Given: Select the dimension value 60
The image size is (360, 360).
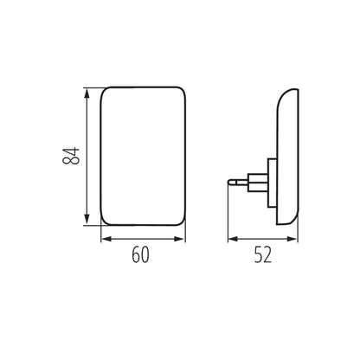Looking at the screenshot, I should [x=144, y=255].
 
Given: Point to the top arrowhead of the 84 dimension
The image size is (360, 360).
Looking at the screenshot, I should [x=86, y=89].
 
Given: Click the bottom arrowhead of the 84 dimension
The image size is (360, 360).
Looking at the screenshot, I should [x=86, y=222].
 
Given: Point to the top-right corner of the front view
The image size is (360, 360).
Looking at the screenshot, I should [x=183, y=90].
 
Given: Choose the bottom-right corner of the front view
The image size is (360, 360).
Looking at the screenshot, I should [x=183, y=222].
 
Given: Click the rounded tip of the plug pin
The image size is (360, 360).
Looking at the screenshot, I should [x=230, y=181].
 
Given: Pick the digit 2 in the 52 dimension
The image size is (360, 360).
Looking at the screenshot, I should [x=268, y=255].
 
